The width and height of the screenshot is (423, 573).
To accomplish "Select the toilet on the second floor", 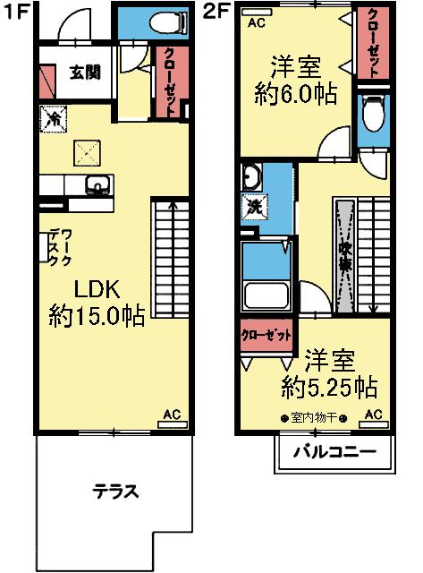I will pyautogui.click(x=373, y=115).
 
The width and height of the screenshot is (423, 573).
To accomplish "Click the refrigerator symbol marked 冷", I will pyautogui.click(x=52, y=117).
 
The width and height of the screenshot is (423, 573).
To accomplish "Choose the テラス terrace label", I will pyautogui.click(x=115, y=491).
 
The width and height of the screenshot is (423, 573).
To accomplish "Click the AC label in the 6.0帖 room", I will pyautogui.click(x=256, y=22).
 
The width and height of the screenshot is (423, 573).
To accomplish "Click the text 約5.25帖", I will pyautogui.click(x=328, y=388).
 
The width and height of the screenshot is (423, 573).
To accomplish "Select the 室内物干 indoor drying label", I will pyautogui.click(x=309, y=417).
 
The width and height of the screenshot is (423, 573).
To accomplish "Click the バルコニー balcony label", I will pyautogui.click(x=333, y=451).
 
